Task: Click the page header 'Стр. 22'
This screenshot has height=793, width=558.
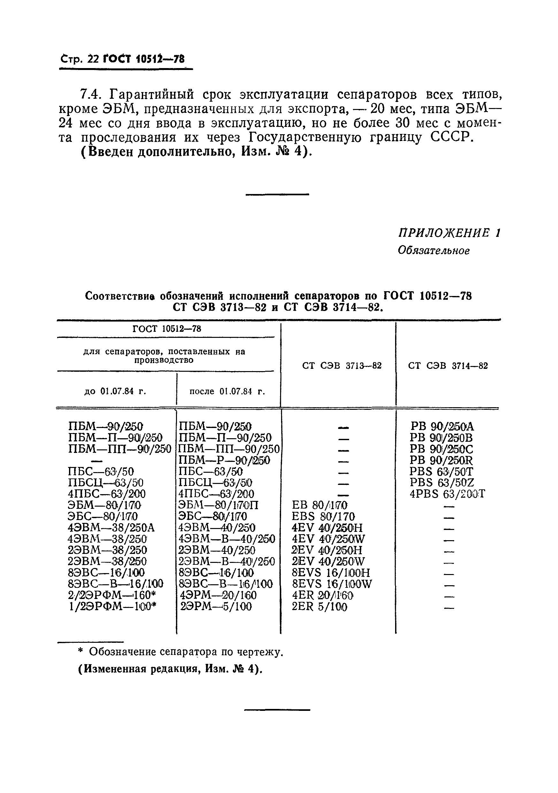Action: click(79, 59)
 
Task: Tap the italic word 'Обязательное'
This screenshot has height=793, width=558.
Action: click(433, 250)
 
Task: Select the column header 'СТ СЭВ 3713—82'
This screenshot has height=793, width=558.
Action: click(342, 366)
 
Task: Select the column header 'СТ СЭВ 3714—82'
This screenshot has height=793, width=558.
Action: click(448, 366)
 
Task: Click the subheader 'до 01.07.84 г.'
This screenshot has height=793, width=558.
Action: click(115, 391)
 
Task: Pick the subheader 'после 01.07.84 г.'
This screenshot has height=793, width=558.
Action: click(227, 391)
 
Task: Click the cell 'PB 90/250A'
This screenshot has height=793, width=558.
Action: click(442, 427)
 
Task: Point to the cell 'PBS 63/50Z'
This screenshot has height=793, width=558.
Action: click(442, 483)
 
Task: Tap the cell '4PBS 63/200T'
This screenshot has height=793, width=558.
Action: click(447, 494)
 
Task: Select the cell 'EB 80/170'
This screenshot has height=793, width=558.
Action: click(319, 505)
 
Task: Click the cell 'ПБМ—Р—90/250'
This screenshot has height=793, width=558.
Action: click(224, 460)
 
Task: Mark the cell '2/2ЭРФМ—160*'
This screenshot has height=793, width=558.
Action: click(112, 595)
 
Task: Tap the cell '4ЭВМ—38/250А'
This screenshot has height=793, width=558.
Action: click(111, 528)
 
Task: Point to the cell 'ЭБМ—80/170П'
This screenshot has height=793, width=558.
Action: click(218, 505)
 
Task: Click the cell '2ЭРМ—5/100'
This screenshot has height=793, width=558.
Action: click(216, 606)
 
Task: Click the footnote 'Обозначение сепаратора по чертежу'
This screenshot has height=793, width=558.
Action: click(186, 652)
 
